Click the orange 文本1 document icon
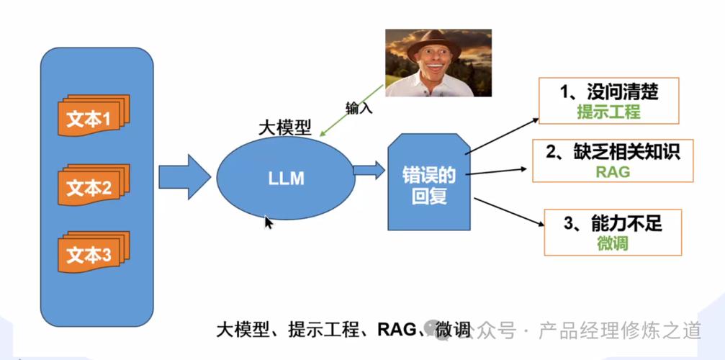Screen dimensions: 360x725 click(x=92, y=118)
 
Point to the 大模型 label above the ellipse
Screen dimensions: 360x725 click(x=284, y=127)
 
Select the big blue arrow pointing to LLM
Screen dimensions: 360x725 click(x=184, y=176)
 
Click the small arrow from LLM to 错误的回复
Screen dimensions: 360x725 click(x=369, y=171)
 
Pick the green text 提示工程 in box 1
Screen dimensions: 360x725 click(x=608, y=112)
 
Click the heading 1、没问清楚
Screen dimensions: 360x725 click(x=609, y=91)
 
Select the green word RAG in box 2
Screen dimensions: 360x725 click(x=612, y=171)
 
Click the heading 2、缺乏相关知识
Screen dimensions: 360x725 click(x=612, y=151)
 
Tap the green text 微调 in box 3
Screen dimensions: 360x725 click(x=612, y=243)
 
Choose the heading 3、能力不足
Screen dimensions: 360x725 click(x=612, y=223)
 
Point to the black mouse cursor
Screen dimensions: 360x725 click(x=268, y=222)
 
